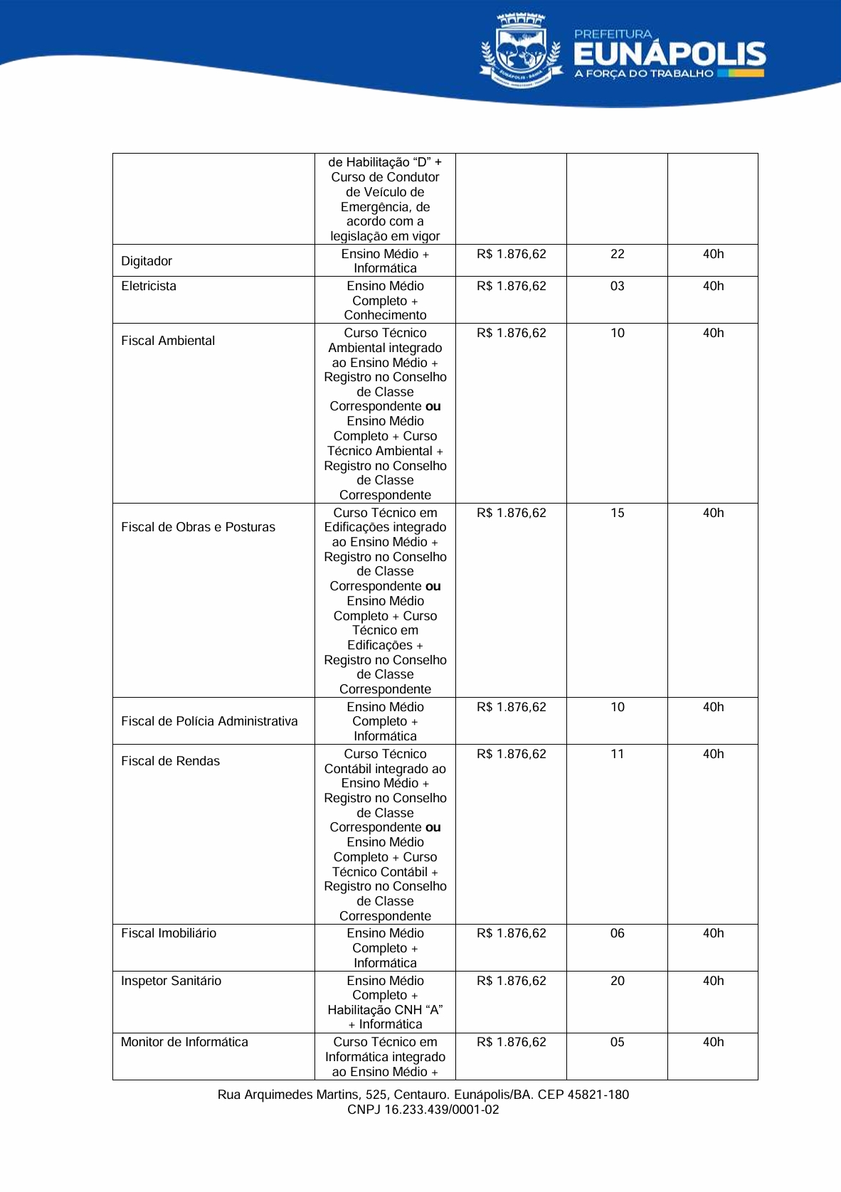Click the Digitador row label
pos(147,261)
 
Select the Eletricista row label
pos(149,286)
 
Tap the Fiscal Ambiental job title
pos(168,341)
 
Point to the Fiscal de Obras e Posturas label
pos(198,527)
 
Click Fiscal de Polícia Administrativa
pos(209,721)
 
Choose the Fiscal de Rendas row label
pos(170,761)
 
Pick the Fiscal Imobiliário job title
pos(169,933)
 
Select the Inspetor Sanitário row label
pos(171,981)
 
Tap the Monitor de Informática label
pos(184,1042)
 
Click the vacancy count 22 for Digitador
pos(617,254)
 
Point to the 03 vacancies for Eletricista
pos(617,286)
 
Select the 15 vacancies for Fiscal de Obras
pos(617,513)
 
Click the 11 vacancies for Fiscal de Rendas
pos(617,754)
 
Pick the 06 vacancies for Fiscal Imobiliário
pos(617,933)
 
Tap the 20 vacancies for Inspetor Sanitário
pos(617,981)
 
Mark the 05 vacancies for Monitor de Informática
pos(617,1042)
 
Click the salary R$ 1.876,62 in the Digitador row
pos(511,254)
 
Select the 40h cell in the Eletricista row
pos(713,286)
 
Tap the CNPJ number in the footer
pos(423,1109)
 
